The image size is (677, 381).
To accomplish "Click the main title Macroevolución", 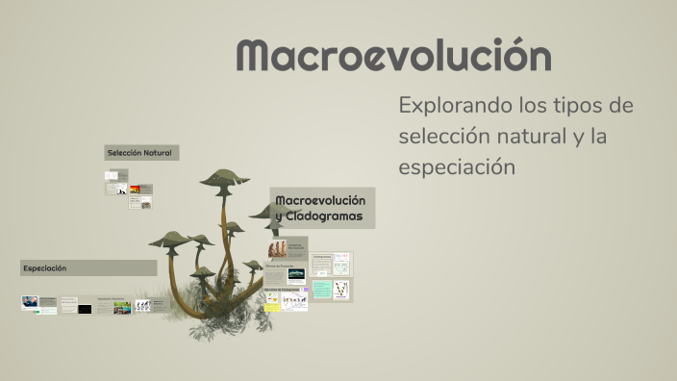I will pyautogui.click(x=393, y=57).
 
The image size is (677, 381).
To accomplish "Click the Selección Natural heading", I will pyautogui.click(x=141, y=153).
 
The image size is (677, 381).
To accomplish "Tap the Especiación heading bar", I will pyautogui.click(x=88, y=267).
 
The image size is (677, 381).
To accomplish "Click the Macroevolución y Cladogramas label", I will pyautogui.click(x=321, y=208).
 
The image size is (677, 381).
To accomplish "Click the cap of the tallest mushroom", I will pyautogui.click(x=224, y=179).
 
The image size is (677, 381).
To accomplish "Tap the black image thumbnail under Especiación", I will pyautogui.click(x=85, y=309).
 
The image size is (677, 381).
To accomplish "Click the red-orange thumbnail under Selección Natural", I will pyautogui.click(x=135, y=190).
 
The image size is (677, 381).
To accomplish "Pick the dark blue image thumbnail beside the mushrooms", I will pyautogui.click(x=296, y=274).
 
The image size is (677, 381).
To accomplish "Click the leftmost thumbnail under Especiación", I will pyautogui.click(x=30, y=302).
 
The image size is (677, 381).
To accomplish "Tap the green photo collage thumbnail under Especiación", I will pyautogui.click(x=122, y=308).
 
